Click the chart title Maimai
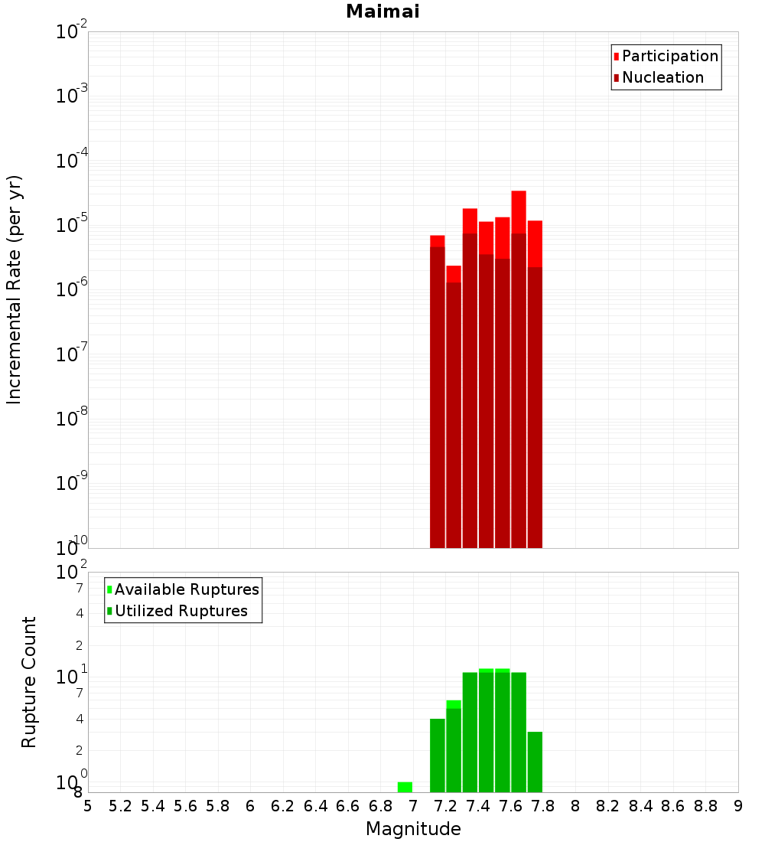coord(382,12)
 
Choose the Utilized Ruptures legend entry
coord(181,611)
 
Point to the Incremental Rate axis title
coord(15,290)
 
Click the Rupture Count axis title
coord(29,682)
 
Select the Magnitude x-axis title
coord(413,829)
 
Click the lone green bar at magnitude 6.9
coord(405,787)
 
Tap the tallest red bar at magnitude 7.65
coord(519,367)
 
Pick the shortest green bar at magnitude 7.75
coord(535,762)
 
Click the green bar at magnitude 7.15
coord(438,755)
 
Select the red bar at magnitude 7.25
coord(454,406)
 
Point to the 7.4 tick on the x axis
coord(478,806)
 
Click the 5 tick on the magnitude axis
coord(88,806)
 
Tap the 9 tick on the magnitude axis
coord(738,806)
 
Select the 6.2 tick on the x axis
coord(283,806)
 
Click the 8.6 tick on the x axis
coord(673,806)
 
